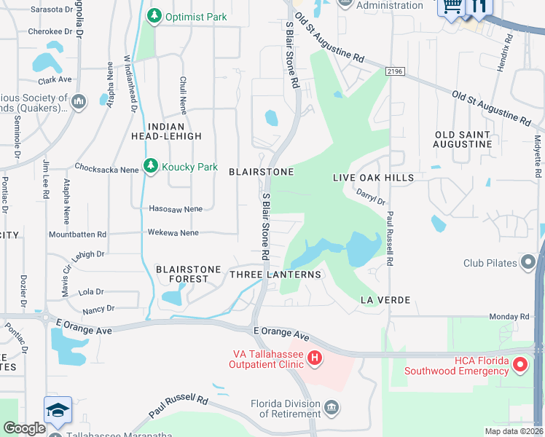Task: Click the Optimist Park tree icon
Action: point(154,16)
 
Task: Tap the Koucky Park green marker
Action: point(151,167)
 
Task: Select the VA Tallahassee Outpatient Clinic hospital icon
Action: point(314,358)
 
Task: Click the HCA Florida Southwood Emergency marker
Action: point(520,365)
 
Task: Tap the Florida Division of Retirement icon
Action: point(332,406)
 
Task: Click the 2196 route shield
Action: point(395,71)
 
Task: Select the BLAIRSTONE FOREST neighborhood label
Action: point(188,274)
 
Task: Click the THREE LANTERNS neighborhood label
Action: point(275,275)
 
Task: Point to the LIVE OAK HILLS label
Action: point(373,178)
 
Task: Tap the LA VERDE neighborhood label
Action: point(385,300)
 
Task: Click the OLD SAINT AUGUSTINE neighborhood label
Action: point(463,140)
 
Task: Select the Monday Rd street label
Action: point(509,317)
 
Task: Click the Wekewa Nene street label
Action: point(173,232)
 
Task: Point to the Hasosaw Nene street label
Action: point(175,209)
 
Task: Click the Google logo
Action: point(25,428)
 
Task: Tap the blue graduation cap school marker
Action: point(58,409)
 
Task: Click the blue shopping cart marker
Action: point(451,6)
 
